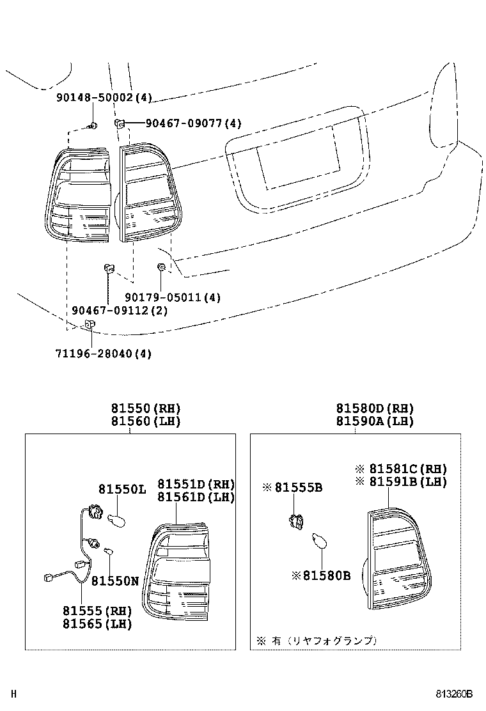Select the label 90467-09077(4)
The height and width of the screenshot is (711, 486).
[x=185, y=123]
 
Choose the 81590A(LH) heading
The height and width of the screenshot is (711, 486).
[x=375, y=421]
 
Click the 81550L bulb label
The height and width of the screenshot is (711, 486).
[x=122, y=489]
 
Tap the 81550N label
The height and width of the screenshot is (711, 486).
[x=114, y=581]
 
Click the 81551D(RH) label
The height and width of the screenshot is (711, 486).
[x=196, y=484]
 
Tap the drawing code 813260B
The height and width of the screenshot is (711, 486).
[x=455, y=694]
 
